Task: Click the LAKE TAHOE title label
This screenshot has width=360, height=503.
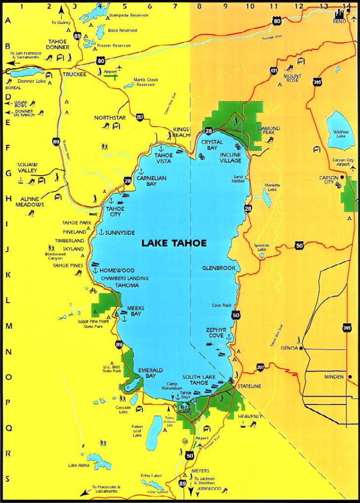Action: click(174, 243)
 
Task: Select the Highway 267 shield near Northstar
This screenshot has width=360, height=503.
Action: click(140, 118)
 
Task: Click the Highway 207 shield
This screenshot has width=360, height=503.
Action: click(260, 367)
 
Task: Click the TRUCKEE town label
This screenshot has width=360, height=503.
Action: click(74, 74)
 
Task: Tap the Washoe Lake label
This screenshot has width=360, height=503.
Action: click(341, 134)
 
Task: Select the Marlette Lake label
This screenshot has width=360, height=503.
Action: click(272, 187)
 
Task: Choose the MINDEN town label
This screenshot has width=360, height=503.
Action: click(334, 376)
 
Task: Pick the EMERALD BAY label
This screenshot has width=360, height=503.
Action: click(150, 373)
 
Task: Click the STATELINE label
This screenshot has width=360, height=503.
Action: click(249, 386)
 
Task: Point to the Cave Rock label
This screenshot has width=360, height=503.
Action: click(222, 305)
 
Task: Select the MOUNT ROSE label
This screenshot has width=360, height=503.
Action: click(291, 78)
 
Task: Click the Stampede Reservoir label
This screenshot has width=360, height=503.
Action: click(128, 15)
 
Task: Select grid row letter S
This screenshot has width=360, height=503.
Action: click(7, 478)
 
